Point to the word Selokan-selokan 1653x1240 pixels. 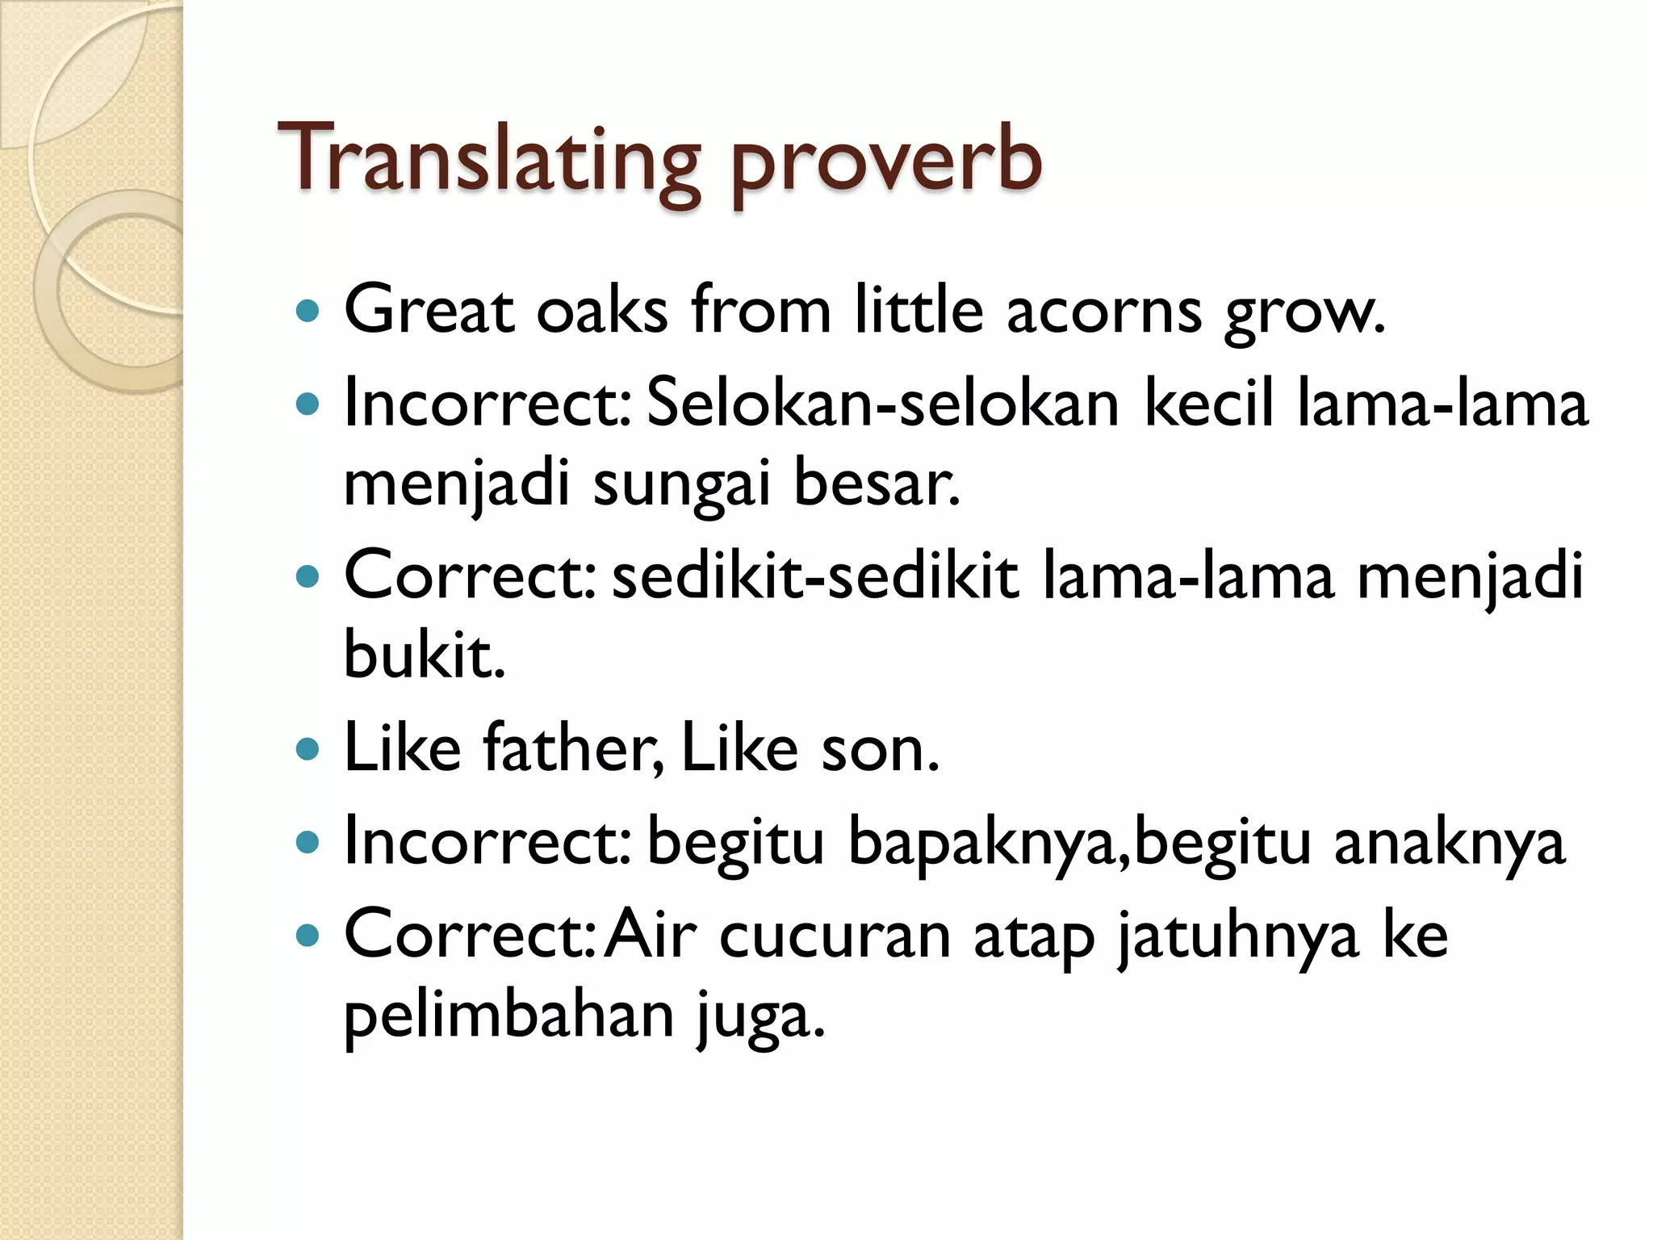click(x=882, y=404)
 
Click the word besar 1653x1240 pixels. click(x=876, y=483)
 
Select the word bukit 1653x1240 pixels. click(x=424, y=654)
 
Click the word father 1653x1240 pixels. click(x=572, y=748)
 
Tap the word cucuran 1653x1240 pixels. click(x=835, y=936)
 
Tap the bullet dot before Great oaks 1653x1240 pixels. click(x=308, y=310)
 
